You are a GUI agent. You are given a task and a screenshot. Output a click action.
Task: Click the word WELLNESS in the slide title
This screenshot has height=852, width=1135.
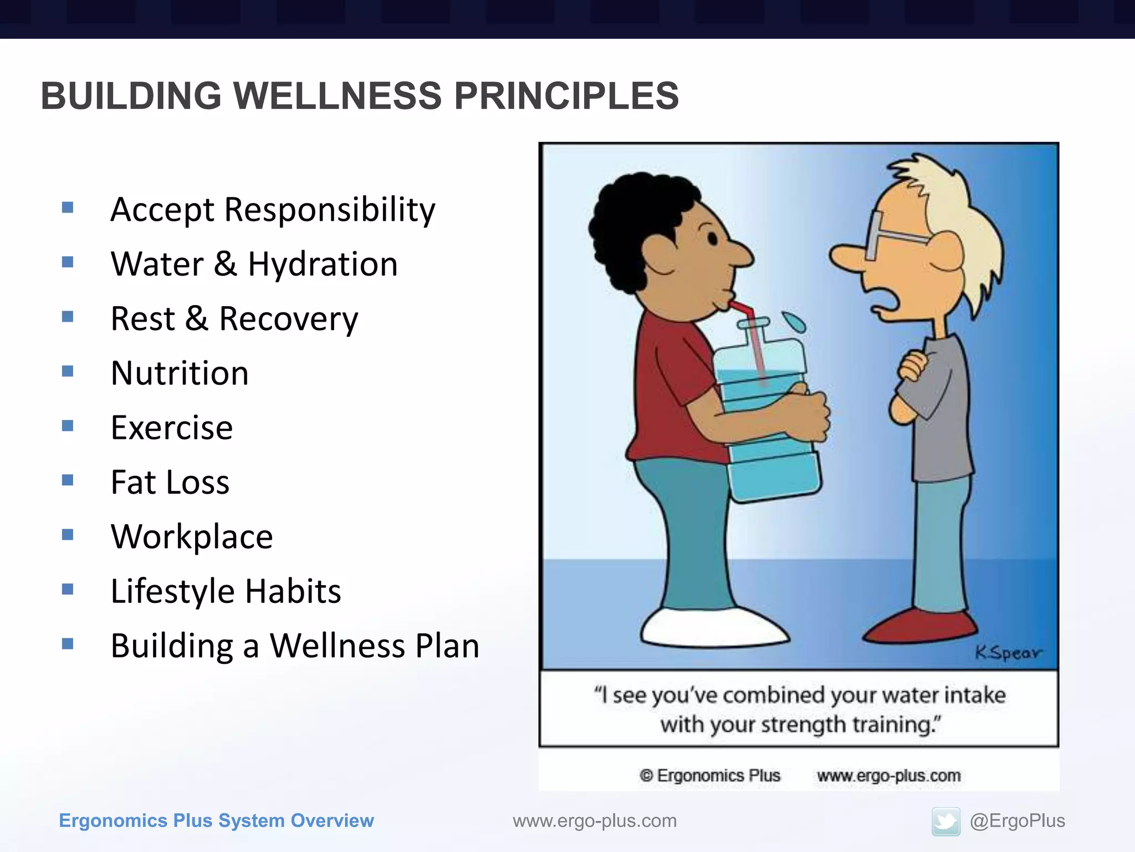[338, 96]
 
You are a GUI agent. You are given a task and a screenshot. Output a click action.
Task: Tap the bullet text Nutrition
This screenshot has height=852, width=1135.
[180, 373]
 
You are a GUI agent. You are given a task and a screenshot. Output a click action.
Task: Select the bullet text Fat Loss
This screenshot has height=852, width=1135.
[170, 482]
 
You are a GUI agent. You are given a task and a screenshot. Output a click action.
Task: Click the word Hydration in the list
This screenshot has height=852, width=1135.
[323, 264]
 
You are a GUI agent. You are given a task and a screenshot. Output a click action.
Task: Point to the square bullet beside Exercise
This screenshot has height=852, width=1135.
[68, 426]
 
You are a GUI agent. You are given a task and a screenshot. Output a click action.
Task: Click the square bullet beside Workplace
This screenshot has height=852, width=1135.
[68, 535]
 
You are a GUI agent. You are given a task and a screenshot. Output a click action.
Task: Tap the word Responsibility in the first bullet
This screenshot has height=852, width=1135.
[330, 210]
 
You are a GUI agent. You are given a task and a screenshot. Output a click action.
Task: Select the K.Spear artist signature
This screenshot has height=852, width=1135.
[1008, 653]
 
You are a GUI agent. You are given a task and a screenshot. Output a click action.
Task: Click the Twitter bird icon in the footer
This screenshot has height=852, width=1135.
[945, 821]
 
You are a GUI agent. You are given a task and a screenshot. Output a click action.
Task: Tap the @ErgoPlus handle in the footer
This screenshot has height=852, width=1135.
[1017, 821]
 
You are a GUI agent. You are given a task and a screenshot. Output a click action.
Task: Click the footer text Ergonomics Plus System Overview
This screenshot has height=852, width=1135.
[216, 821]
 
